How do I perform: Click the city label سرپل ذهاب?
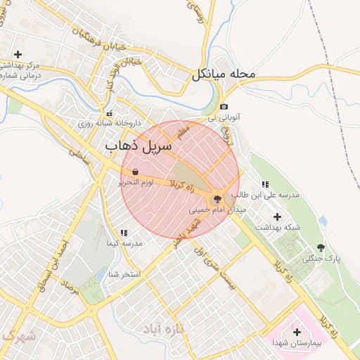pyautogui.click(x=139, y=146)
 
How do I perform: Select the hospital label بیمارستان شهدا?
pyautogui.click(x=298, y=343)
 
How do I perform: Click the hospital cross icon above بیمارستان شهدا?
pyautogui.click(x=296, y=332)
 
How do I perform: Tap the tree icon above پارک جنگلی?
pyautogui.click(x=321, y=247)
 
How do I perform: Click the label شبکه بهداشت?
pyautogui.click(x=277, y=228)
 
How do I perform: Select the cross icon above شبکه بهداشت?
pyautogui.click(x=276, y=217)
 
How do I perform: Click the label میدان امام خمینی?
pyautogui.click(x=218, y=210)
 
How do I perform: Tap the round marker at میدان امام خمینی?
pyautogui.click(x=217, y=200)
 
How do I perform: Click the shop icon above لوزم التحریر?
pyautogui.click(x=134, y=172)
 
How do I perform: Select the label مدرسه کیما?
pyautogui.click(x=124, y=243)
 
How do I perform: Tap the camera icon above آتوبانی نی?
pyautogui.click(x=224, y=107)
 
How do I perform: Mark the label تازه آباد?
pyautogui.click(x=162, y=328)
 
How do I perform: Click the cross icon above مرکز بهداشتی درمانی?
pyautogui.click(x=18, y=54)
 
